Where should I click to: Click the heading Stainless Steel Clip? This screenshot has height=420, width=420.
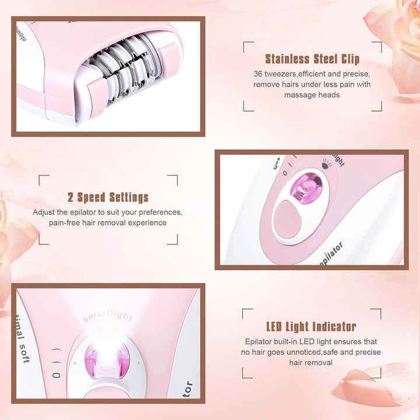pyautogui.click(x=312, y=59)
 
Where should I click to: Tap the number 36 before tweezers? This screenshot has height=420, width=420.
pyautogui.click(x=258, y=74)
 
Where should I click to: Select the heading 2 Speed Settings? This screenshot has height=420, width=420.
pyautogui.click(x=108, y=197)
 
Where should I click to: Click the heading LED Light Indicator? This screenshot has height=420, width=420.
pyautogui.click(x=311, y=327)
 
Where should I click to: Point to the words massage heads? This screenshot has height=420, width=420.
pyautogui.click(x=312, y=94)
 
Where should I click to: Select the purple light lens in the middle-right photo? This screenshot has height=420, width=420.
pyautogui.click(x=304, y=190)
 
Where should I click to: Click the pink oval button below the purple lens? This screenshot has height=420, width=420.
pyautogui.click(x=287, y=219)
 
